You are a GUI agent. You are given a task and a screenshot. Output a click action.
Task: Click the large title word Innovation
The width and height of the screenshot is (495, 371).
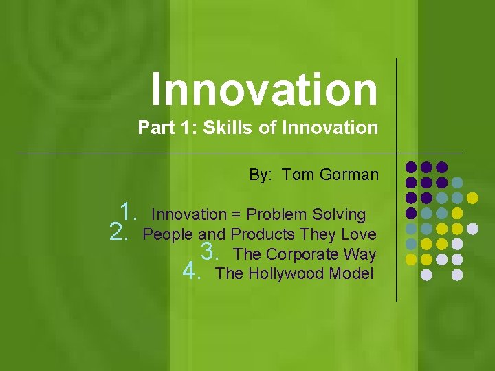click(264, 90)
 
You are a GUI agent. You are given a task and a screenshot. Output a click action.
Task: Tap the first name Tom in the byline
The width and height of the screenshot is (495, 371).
click(297, 175)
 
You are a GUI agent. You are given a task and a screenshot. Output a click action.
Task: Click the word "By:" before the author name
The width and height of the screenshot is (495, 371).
click(261, 175)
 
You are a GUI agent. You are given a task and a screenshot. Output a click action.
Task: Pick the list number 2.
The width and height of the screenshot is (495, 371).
click(120, 232)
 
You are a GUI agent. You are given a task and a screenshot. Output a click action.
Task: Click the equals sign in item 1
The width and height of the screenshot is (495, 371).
click(236, 214)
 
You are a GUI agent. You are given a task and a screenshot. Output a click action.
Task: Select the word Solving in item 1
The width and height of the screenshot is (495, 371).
click(340, 214)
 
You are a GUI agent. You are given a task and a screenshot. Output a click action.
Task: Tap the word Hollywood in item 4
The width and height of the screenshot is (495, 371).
click(286, 274)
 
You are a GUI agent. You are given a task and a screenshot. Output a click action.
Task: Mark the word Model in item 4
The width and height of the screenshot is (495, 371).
click(351, 274)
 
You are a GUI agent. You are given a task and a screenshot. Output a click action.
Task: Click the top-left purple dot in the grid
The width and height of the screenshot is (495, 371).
click(411, 167)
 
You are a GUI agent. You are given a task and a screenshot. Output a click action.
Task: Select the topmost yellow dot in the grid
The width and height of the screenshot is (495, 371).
click(472, 198)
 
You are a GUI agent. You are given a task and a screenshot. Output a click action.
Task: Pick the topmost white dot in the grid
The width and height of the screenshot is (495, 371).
click(472, 228)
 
